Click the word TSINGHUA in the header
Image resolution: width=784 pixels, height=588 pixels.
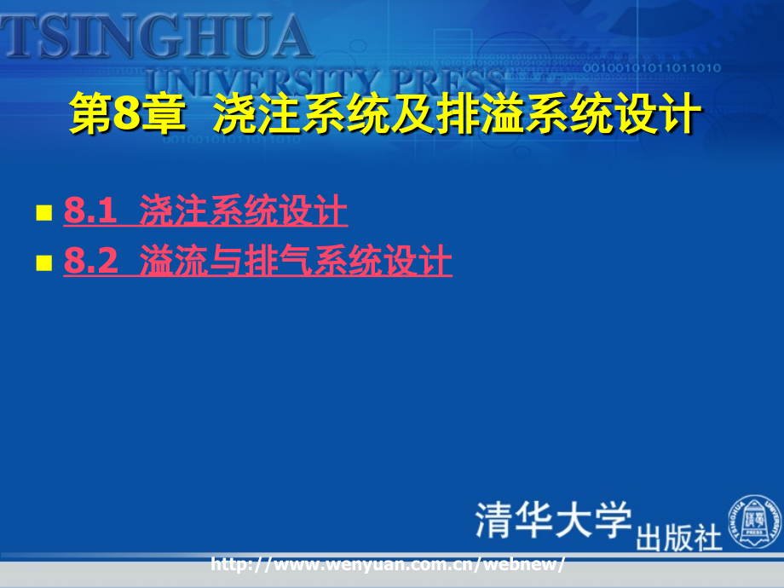(x=156, y=36)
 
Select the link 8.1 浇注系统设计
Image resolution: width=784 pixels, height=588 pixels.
(x=205, y=210)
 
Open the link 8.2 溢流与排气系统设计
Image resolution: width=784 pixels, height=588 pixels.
(x=258, y=260)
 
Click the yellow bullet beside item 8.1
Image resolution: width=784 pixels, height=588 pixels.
(x=44, y=212)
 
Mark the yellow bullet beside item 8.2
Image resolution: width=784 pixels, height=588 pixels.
(x=44, y=262)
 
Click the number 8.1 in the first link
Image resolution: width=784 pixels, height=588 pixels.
(x=90, y=210)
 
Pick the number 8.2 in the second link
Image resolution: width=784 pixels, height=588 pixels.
(x=90, y=260)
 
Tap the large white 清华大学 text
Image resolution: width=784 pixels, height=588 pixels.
(x=554, y=520)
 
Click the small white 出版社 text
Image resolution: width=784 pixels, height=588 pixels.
(x=679, y=538)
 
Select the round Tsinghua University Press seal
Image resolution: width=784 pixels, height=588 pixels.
(x=755, y=522)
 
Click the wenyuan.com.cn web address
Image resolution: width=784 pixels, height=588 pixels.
(x=388, y=564)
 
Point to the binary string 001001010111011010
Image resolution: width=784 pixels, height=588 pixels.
(x=652, y=67)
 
